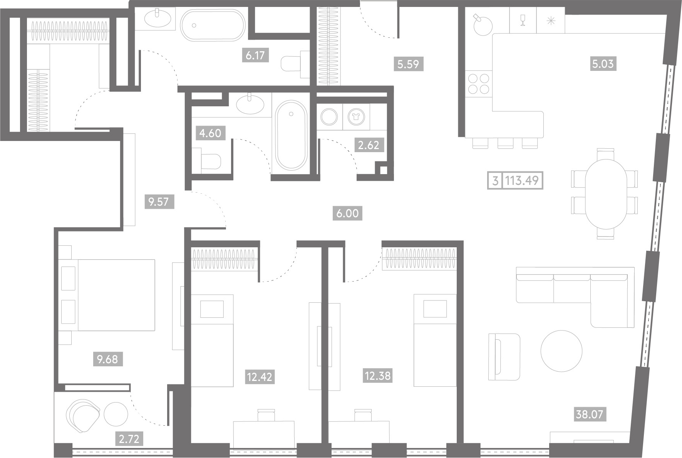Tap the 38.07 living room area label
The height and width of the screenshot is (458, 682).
[x=589, y=414]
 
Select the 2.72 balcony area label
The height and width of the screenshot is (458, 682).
[x=129, y=439]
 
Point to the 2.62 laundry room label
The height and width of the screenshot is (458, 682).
[x=369, y=145]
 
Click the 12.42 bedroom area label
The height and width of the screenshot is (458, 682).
[x=260, y=377]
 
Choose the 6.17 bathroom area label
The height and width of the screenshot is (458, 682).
[x=255, y=55]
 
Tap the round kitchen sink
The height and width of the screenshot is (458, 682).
[x=483, y=26]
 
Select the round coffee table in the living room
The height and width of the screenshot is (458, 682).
[x=561, y=351]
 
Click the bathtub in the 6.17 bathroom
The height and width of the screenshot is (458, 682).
[x=213, y=25]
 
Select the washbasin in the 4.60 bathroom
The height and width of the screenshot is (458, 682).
[x=250, y=104]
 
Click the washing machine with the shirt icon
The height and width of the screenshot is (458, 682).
[x=356, y=117]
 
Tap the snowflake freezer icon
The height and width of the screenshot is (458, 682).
[x=551, y=20]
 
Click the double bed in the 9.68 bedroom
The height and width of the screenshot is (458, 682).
[x=107, y=295]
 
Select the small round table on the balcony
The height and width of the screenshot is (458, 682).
[x=116, y=414]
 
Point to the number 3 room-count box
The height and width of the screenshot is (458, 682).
[x=495, y=180]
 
